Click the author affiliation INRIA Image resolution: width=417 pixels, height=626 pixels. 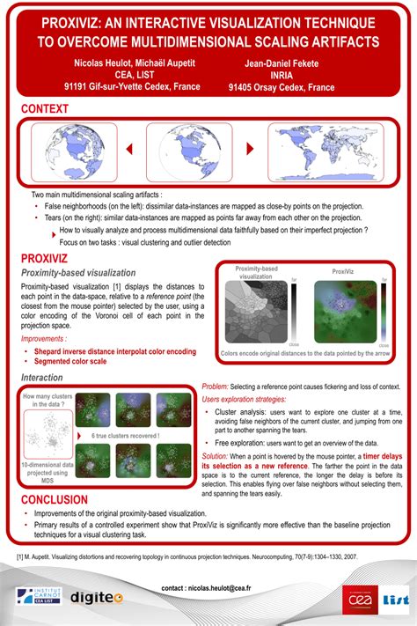[x=281, y=75]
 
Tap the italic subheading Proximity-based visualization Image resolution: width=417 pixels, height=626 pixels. [x=79, y=274]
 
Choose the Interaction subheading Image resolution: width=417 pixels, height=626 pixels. [x=41, y=377]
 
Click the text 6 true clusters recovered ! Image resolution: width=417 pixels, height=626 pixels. [x=126, y=434]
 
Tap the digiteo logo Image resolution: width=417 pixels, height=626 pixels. [x=97, y=597]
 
